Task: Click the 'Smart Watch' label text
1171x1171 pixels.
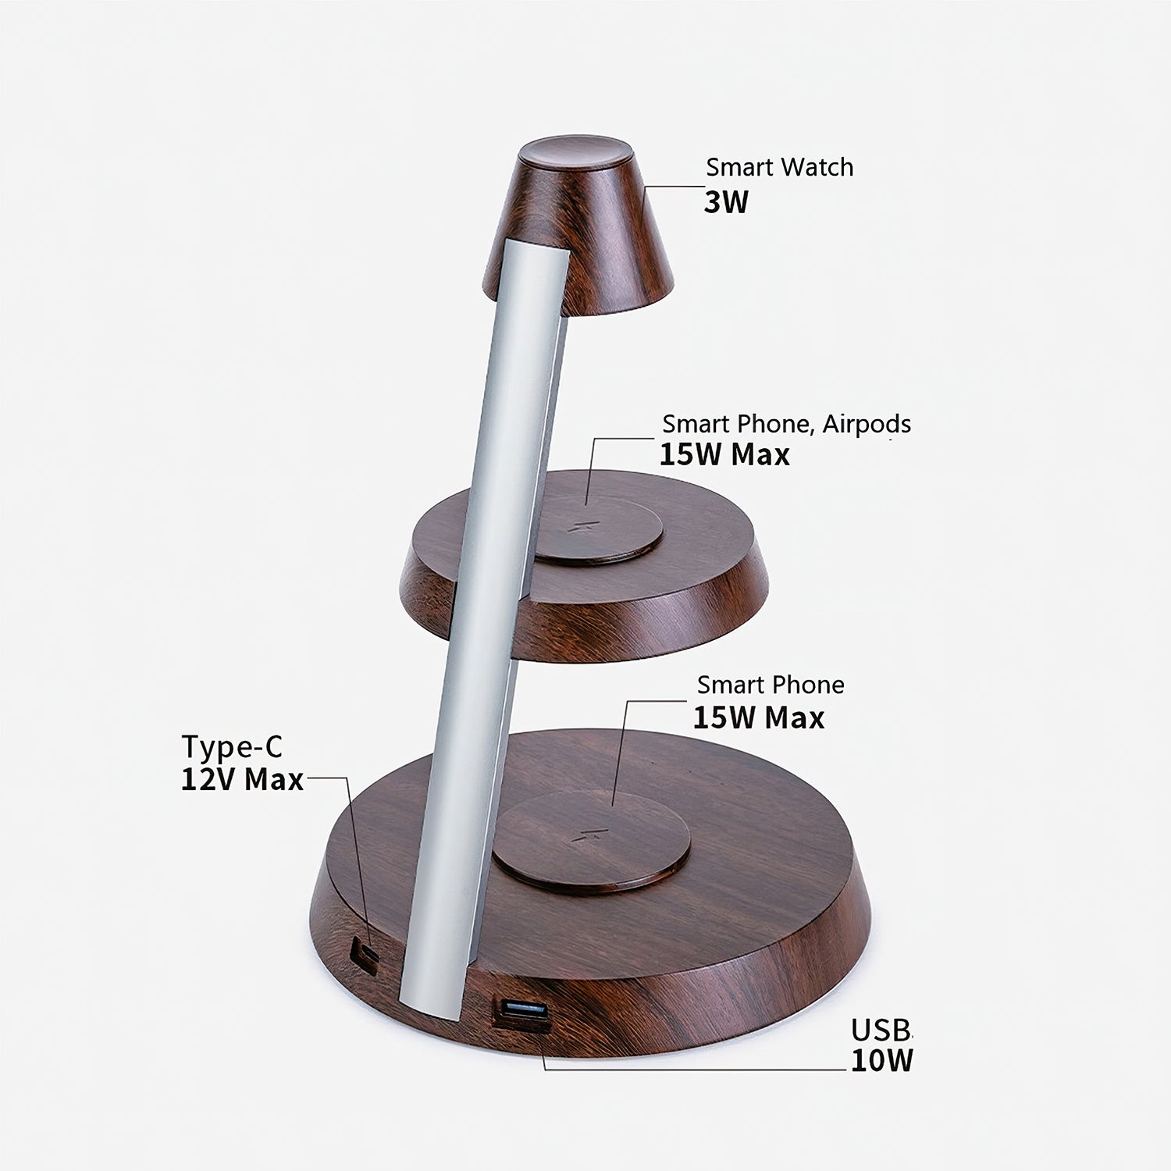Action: (x=779, y=167)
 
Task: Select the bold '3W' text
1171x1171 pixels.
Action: (x=725, y=202)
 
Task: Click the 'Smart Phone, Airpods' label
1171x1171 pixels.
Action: (x=786, y=424)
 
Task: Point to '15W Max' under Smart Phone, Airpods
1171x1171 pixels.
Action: (x=724, y=454)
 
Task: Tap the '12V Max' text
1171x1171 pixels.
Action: (x=242, y=778)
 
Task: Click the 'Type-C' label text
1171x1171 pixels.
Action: (x=232, y=746)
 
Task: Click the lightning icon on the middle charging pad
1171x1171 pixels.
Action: (x=582, y=525)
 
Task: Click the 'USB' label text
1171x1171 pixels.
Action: (x=881, y=1030)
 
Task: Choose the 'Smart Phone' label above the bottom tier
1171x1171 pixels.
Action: (x=771, y=685)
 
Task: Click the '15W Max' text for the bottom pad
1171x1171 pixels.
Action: (x=758, y=717)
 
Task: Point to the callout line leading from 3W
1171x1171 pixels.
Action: (x=673, y=187)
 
